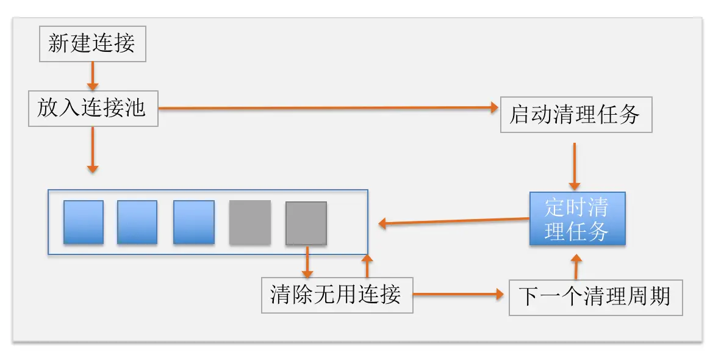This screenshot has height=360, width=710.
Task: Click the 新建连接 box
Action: click(93, 44)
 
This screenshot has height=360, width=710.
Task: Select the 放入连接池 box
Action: click(93, 109)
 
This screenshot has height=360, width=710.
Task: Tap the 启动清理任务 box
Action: click(576, 114)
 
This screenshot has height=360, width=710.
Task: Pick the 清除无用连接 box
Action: click(337, 295)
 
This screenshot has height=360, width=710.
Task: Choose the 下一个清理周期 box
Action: click(595, 297)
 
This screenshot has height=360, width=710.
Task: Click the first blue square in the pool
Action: click(84, 223)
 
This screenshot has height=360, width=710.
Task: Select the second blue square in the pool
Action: click(137, 223)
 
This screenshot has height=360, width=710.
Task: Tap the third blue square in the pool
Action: click(194, 223)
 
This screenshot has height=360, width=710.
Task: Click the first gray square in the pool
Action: click(250, 223)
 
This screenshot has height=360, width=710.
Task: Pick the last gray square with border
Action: click(306, 223)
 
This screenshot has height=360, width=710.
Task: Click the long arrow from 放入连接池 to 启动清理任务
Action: click(329, 108)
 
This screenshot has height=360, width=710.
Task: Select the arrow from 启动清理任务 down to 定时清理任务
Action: click(574, 166)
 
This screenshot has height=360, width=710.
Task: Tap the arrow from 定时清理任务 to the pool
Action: click(454, 221)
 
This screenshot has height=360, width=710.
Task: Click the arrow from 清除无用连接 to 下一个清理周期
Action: click(461, 295)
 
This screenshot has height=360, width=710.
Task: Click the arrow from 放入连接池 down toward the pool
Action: click(93, 149)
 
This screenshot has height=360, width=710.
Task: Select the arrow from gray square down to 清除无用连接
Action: click(307, 262)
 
